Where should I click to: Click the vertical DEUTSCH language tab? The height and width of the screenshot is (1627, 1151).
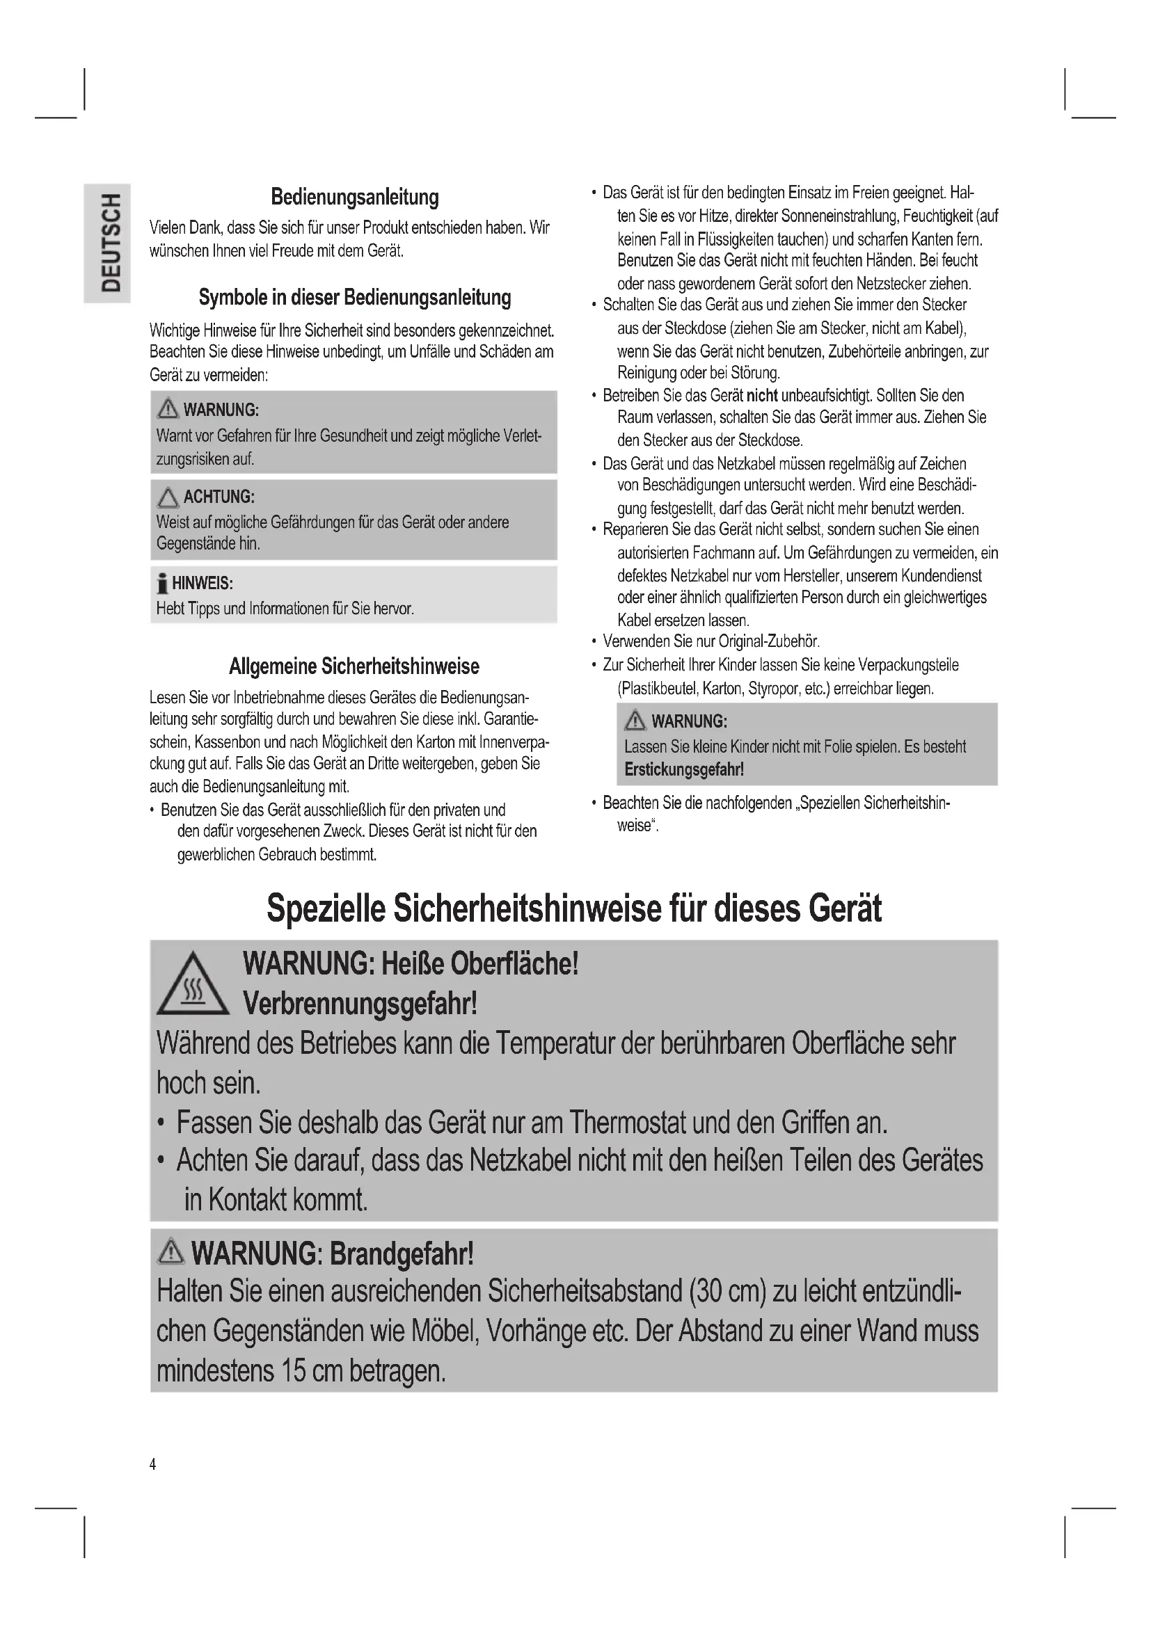[108, 242]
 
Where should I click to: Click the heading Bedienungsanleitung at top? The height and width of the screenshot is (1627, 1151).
[354, 197]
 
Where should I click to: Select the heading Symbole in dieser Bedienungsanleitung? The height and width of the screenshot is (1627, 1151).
[354, 298]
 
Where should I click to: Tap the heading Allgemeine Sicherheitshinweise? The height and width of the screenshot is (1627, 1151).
[354, 666]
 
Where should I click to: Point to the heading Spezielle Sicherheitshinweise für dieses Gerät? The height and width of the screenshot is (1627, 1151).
[574, 909]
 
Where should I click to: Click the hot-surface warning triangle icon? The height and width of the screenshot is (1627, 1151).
[192, 986]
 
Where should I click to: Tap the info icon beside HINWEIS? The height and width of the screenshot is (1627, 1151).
[163, 584]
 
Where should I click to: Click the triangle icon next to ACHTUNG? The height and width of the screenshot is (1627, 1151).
[168, 497]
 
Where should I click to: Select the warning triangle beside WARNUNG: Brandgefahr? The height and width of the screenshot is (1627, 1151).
[170, 1253]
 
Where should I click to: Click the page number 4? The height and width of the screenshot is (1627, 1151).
[152, 1464]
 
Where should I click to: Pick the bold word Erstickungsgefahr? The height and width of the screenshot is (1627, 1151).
[684, 769]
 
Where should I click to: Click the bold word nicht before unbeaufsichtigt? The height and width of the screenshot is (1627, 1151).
[762, 395]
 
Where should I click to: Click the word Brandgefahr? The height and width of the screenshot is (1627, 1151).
[402, 1253]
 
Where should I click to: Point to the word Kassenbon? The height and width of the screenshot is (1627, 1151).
[228, 743]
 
